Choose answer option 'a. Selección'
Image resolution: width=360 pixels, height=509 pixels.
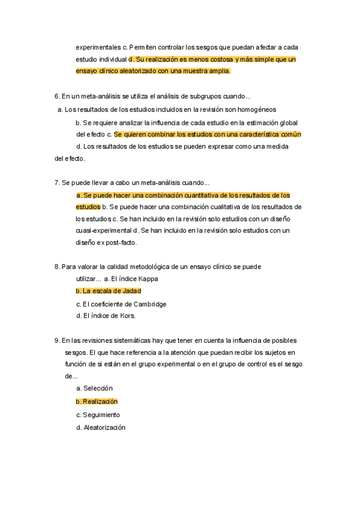coord(94,388)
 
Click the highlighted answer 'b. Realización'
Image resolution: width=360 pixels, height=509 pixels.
coord(97,402)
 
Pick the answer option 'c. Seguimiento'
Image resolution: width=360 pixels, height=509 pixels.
coord(98,415)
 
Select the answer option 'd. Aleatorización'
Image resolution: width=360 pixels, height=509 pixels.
coord(101,427)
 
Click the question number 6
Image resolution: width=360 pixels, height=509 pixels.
coord(56,96)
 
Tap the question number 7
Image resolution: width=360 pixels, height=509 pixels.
coord(56,182)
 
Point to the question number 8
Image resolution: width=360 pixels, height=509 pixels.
coord(56,267)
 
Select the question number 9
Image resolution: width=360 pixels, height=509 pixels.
coord(56,340)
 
